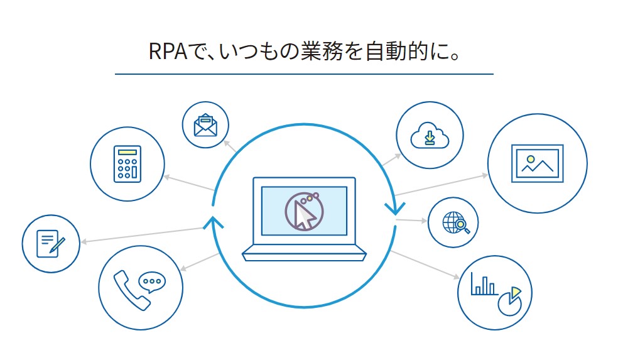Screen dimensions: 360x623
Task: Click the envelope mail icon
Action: tap(205, 124)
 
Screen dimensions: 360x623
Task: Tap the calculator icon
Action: tap(127, 164)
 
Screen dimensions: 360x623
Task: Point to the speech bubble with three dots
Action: tap(151, 281)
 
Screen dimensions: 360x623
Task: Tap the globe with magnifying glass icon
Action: tap(453, 223)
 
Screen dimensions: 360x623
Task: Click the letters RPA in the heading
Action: tap(170, 52)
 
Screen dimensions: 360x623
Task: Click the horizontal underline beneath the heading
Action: tap(304, 74)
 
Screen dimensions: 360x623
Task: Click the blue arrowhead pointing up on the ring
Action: tap(214, 221)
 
